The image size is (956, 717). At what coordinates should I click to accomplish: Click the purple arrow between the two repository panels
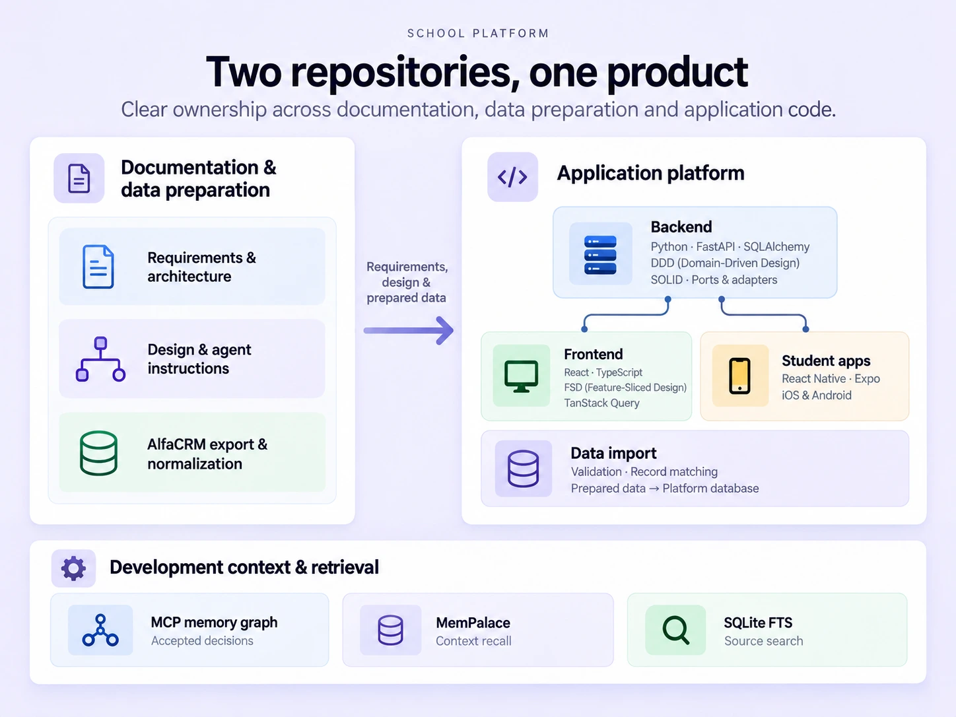click(409, 330)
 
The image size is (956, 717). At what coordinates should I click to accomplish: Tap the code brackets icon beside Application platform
click(512, 177)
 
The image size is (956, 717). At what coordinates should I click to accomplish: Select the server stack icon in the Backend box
click(600, 255)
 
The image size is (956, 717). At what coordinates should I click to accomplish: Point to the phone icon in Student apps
click(739, 376)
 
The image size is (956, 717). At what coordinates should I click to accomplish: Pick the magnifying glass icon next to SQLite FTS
click(675, 629)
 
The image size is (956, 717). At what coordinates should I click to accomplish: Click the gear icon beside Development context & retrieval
click(73, 568)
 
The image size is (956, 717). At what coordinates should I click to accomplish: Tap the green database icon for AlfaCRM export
click(98, 453)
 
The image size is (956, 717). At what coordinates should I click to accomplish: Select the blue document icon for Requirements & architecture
click(98, 267)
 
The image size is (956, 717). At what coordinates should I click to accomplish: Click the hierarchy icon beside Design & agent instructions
click(100, 359)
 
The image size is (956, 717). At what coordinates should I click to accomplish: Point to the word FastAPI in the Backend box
click(715, 247)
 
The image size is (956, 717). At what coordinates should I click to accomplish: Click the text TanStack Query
click(601, 403)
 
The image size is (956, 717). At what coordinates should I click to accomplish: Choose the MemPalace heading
click(473, 623)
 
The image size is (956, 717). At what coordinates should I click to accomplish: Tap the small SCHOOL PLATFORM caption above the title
click(478, 34)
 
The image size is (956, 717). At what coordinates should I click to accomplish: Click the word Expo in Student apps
click(867, 379)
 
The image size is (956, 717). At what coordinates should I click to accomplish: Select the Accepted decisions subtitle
click(202, 641)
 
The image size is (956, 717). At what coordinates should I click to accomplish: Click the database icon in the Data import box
click(523, 468)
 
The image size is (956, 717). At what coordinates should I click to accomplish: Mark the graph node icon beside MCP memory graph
click(100, 630)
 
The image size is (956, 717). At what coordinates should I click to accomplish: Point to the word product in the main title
click(677, 73)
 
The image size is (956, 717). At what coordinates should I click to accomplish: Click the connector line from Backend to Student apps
click(763, 314)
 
